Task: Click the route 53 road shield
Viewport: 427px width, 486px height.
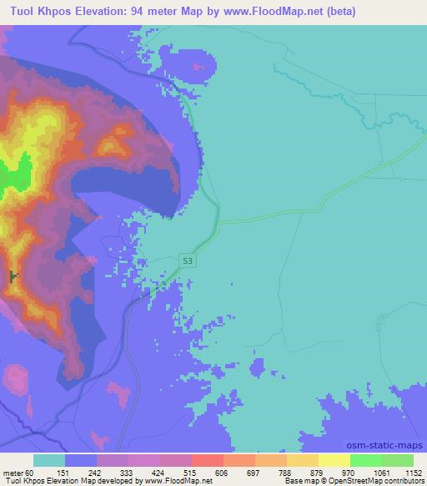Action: point(189,261)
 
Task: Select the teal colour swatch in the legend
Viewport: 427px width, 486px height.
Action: point(49,460)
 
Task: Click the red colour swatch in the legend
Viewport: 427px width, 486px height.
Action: point(208,460)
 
